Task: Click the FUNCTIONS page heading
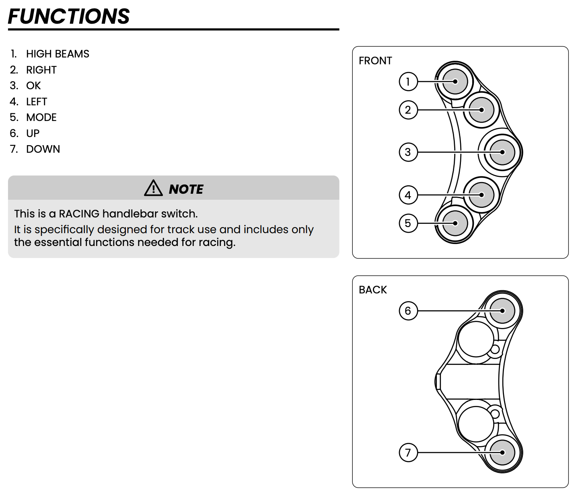pos(69,16)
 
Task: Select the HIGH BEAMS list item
pos(58,54)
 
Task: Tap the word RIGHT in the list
pos(41,70)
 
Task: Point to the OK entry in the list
pos(33,86)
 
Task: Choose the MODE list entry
pos(41,117)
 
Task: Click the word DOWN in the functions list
pos(43,149)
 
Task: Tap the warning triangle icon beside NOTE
pos(153,188)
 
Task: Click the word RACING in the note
pos(79,213)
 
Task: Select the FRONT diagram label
pos(375,61)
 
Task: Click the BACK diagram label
pos(373,290)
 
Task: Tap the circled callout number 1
pos(408,82)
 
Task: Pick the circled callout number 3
pos(408,152)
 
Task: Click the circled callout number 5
pos(408,223)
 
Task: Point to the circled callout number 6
pos(408,311)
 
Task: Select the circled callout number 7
pos(408,453)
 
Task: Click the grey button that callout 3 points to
pos(502,152)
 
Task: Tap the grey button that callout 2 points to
pos(481,110)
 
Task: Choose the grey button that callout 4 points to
pos(481,195)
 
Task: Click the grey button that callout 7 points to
pos(502,453)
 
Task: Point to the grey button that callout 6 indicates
pos(502,311)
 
